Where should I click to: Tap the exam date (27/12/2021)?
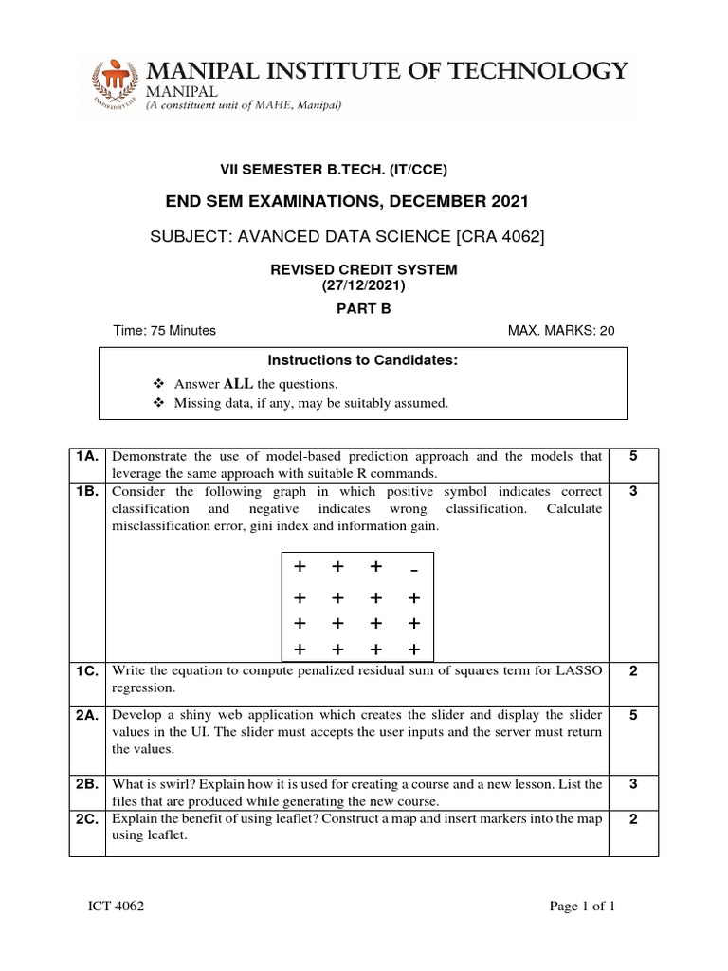click(364, 285)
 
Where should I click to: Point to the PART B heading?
click(364, 308)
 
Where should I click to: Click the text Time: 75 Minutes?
click(164, 331)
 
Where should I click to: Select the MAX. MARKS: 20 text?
click(562, 331)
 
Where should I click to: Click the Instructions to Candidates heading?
click(363, 361)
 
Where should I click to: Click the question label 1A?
click(88, 456)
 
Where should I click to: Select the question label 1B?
click(88, 491)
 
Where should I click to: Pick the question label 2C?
click(88, 818)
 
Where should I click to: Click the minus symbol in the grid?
click(413, 570)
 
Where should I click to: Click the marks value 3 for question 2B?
click(633, 784)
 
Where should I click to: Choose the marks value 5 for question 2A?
click(633, 714)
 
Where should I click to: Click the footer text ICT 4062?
click(117, 907)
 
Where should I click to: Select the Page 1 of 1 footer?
click(583, 907)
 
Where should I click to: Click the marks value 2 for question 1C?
click(633, 670)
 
